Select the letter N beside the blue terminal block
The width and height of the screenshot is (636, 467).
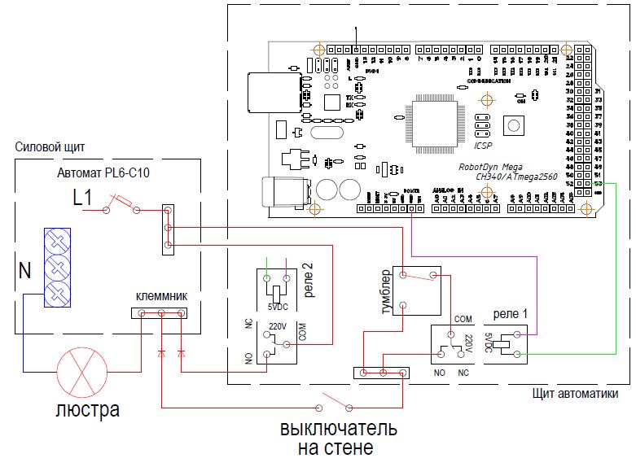click(24, 270)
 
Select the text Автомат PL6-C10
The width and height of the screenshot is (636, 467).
click(103, 172)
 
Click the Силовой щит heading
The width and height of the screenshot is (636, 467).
click(50, 147)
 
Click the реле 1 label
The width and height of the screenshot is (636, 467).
click(511, 314)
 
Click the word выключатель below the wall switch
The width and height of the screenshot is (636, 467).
click(339, 428)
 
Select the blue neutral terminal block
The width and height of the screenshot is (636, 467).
click(58, 267)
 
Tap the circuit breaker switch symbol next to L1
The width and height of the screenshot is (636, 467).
click(121, 203)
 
